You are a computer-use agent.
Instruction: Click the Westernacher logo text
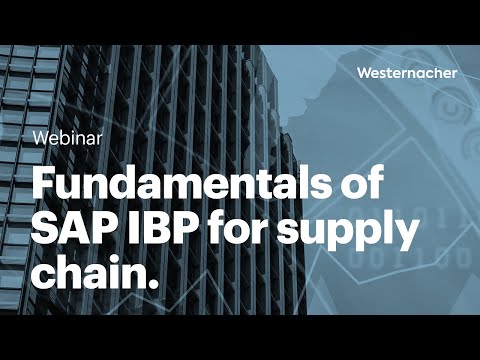coord(405,72)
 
